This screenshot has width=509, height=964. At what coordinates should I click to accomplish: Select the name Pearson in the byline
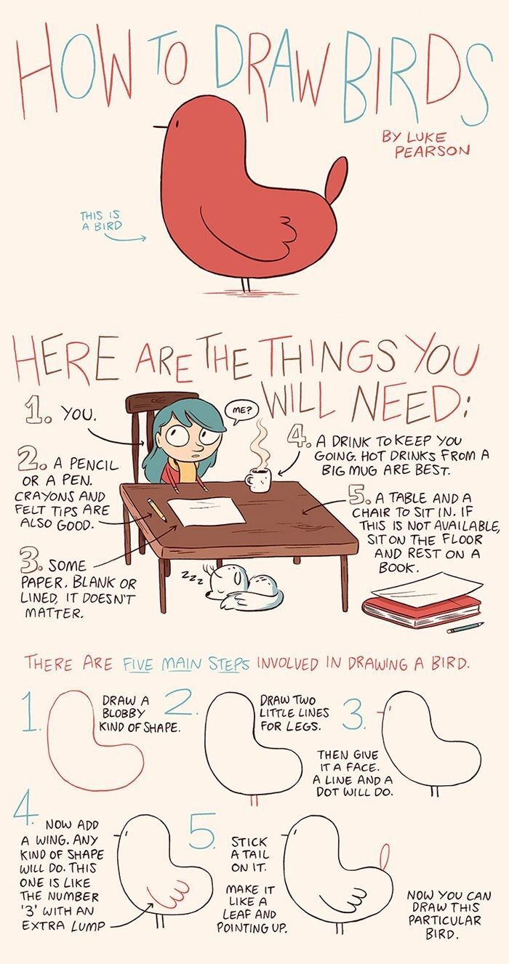coord(432,150)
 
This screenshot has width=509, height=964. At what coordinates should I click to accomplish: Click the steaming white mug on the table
coord(259,480)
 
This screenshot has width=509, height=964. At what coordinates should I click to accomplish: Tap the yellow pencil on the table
coord(156,510)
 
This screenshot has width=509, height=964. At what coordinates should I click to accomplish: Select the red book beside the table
coord(422,610)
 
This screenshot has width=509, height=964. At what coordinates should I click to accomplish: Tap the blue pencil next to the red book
coord(465,627)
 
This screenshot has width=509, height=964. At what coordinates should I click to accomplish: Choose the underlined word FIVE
coord(138,664)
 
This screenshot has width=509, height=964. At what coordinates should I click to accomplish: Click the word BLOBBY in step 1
coord(123,712)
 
